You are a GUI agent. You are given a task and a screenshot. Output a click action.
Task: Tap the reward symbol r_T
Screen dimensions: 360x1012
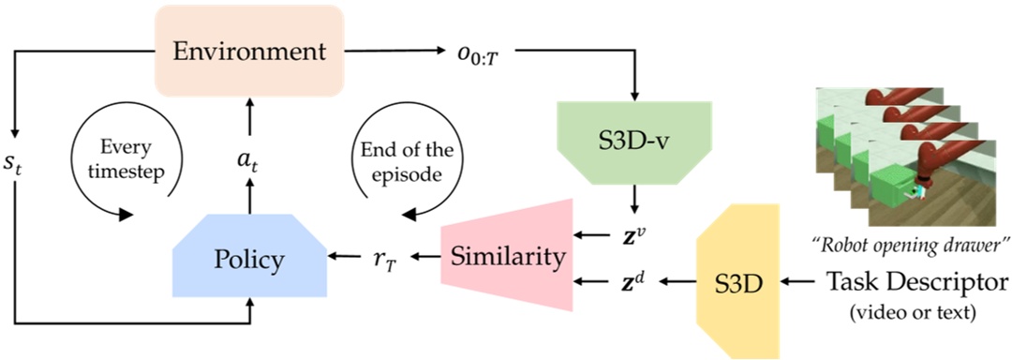(385, 257)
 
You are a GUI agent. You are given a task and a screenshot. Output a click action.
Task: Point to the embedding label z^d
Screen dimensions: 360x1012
(637, 279)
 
